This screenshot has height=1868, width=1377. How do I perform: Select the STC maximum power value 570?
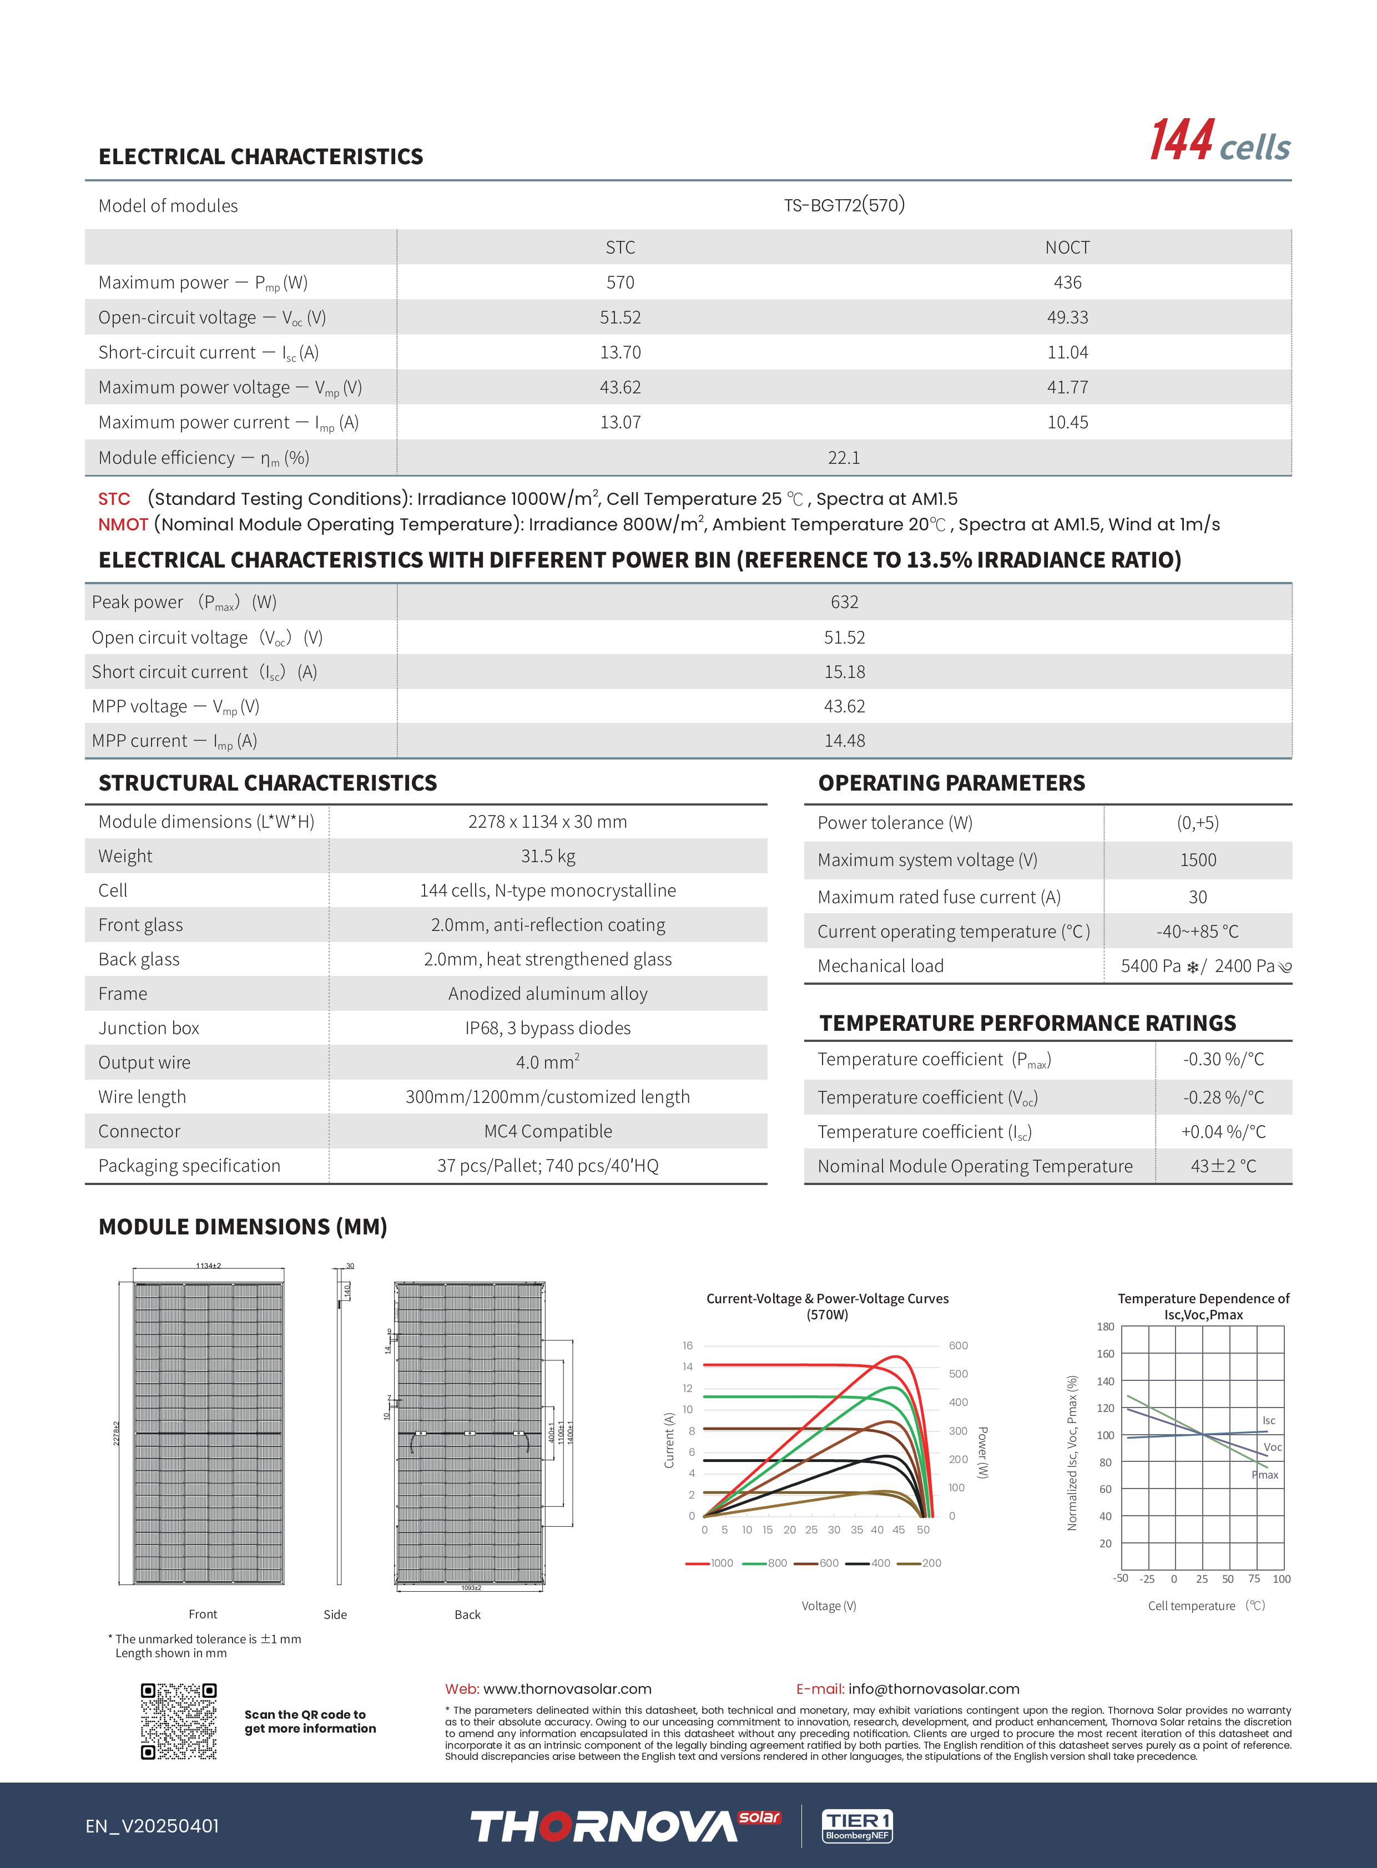(620, 282)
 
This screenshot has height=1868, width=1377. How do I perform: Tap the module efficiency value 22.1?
(844, 457)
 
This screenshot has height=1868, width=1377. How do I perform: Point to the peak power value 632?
(844, 601)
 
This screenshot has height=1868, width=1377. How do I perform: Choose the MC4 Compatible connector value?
(548, 1131)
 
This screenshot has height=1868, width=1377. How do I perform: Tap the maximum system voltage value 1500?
(1198, 860)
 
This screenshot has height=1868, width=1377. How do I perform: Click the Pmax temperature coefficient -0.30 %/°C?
(1223, 1059)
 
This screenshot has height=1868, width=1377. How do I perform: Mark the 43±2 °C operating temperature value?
(1223, 1166)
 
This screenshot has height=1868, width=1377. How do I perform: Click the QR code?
(178, 1722)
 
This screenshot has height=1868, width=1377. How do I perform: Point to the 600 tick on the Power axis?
(958, 1345)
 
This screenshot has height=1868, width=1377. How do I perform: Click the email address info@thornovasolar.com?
(934, 1689)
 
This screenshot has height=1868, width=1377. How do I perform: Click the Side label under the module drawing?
(335, 1614)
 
